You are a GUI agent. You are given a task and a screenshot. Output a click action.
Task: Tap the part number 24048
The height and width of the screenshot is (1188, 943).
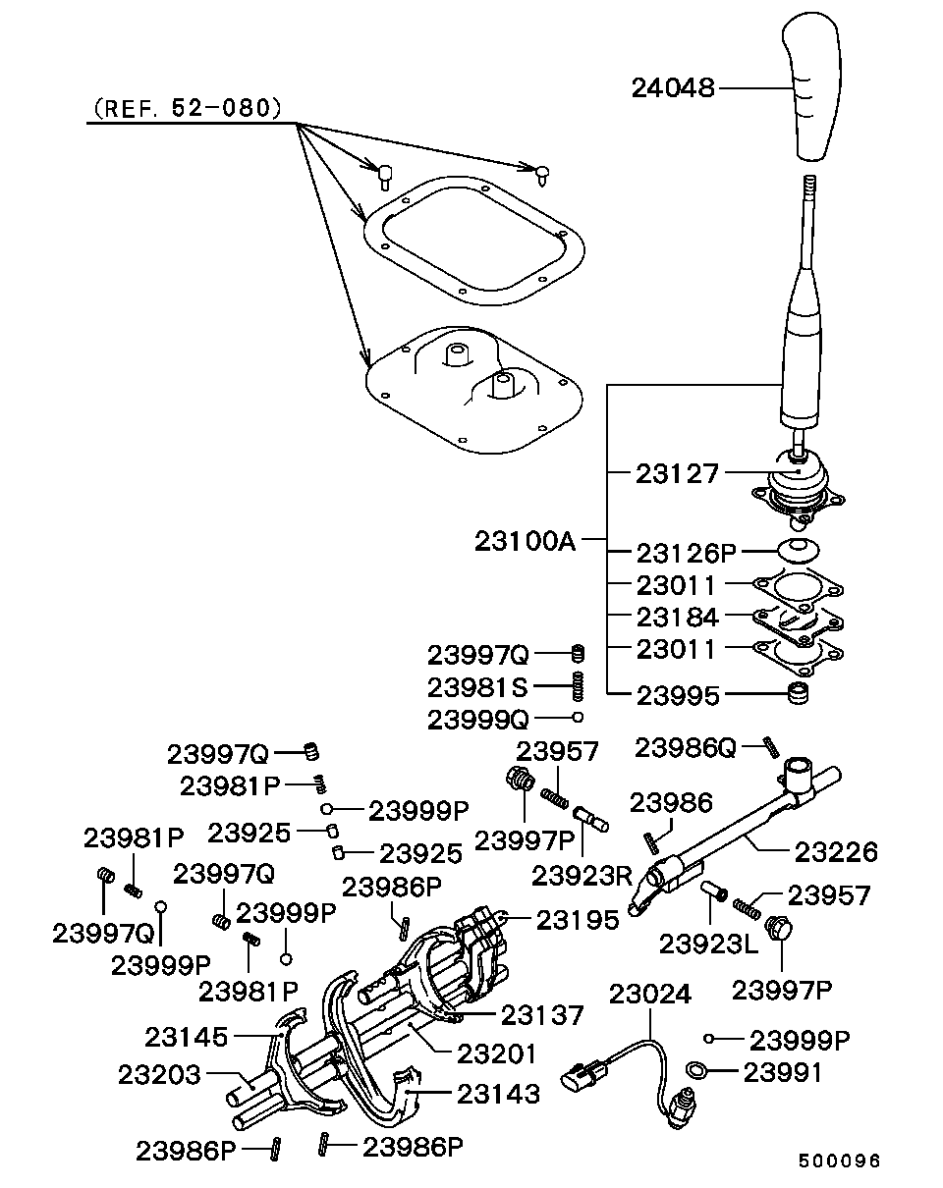click(x=673, y=88)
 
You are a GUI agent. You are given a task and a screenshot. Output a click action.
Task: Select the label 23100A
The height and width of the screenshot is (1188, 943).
click(x=525, y=540)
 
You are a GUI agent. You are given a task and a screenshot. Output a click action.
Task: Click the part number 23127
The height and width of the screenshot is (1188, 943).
click(x=678, y=473)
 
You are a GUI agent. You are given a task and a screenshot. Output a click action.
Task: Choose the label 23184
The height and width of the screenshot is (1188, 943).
click(x=678, y=617)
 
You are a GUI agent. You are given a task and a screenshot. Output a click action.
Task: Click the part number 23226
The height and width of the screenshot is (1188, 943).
click(x=835, y=850)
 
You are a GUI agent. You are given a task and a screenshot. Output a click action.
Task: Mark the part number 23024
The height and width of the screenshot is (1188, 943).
click(x=650, y=994)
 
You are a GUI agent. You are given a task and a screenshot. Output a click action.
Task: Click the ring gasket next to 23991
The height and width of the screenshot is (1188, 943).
click(x=696, y=1071)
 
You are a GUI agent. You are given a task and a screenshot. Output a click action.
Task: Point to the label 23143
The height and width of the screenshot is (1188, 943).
click(x=497, y=1093)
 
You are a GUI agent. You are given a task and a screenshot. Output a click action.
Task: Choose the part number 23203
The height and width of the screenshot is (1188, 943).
click(x=159, y=1073)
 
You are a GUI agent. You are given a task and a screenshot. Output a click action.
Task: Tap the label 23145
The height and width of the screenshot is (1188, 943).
click(x=187, y=1036)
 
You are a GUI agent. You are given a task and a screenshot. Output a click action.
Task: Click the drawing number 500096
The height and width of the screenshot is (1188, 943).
click(x=838, y=1161)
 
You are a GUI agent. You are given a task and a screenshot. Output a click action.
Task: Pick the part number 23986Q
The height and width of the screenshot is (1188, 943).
click(x=686, y=748)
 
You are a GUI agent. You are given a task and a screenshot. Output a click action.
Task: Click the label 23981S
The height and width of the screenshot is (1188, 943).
click(x=477, y=685)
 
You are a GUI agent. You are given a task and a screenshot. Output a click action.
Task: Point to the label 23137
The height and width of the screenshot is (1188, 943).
click(x=543, y=1014)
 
